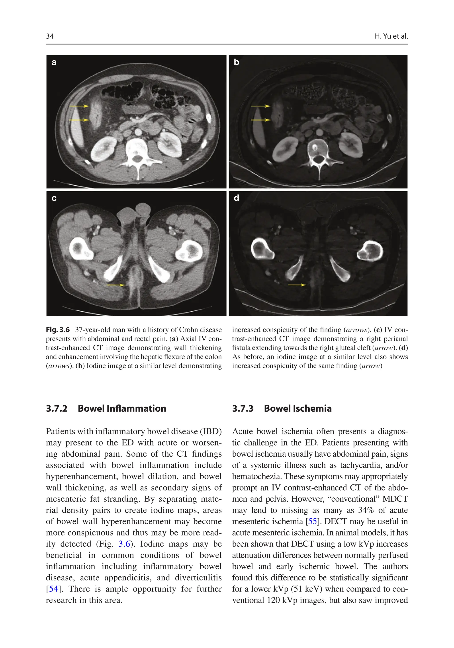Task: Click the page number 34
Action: coord(50,36)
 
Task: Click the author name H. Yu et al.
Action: coord(391,36)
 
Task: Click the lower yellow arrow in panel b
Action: coord(260,120)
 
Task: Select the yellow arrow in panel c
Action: coord(116,285)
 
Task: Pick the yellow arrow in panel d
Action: coord(297,285)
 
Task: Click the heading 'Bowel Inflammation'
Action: coord(122,408)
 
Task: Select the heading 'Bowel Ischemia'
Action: coord(298,408)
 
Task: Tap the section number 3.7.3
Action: coord(243,408)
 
